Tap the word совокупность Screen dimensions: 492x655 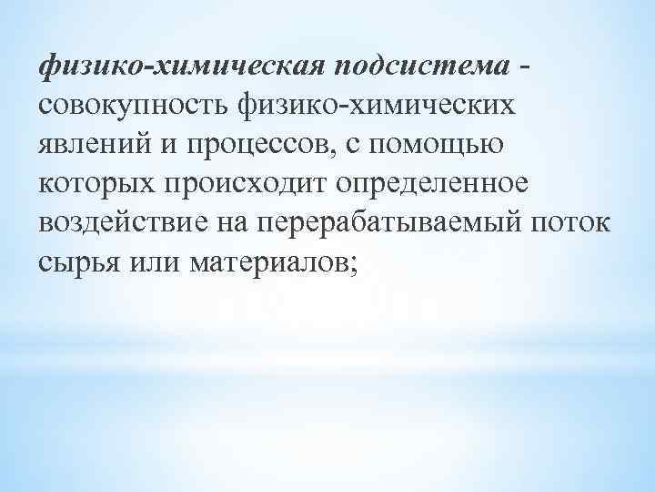pyautogui.click(x=130, y=108)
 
